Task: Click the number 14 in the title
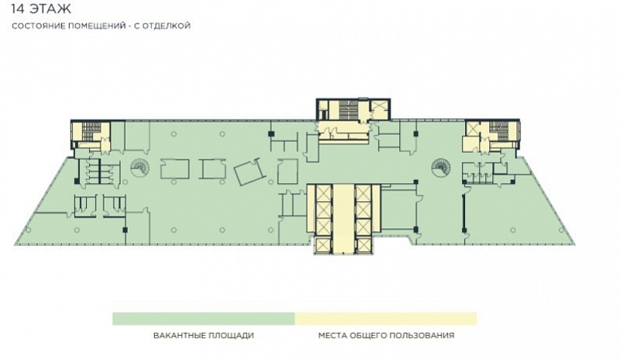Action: (17, 8)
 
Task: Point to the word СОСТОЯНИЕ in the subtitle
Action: (34, 26)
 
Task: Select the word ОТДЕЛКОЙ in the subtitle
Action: (166, 26)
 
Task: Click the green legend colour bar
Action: (203, 318)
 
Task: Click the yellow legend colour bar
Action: (386, 318)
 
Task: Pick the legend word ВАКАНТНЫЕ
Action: (176, 336)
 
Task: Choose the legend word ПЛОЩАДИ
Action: (228, 336)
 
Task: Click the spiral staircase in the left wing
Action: (138, 167)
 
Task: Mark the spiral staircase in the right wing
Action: (439, 167)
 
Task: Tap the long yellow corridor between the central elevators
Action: (343, 219)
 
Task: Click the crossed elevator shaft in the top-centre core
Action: (379, 107)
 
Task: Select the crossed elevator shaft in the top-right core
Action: (473, 128)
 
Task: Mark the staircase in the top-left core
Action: (92, 131)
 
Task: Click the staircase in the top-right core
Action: (498, 131)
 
